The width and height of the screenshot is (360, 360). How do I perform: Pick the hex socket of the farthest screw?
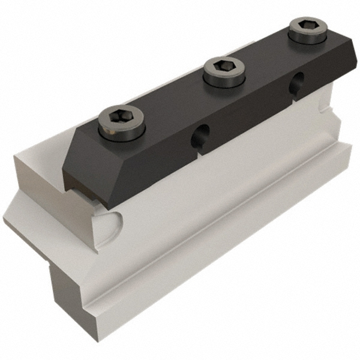click(x=307, y=26)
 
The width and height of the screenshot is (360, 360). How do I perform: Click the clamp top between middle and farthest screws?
click(x=267, y=54)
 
